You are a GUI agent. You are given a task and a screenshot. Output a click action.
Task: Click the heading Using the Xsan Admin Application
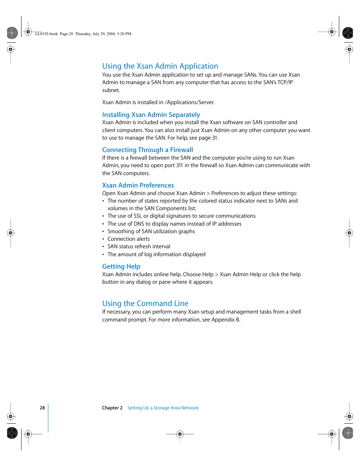160,66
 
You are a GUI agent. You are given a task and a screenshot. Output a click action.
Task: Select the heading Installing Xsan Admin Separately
151,115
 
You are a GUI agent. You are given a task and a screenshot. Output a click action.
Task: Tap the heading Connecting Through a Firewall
148,150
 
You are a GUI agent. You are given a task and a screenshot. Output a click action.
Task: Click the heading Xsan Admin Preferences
138,185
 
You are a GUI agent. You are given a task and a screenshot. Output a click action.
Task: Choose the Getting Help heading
121,266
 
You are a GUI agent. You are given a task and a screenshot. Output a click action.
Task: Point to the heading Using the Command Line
145,303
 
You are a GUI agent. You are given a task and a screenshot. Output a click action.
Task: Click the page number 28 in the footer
42,408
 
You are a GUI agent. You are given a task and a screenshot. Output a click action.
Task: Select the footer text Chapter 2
112,408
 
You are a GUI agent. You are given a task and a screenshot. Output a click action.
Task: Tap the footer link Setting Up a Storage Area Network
163,408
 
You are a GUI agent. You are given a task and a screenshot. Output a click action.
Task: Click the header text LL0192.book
46,34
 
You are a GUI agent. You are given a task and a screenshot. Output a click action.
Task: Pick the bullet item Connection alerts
128,239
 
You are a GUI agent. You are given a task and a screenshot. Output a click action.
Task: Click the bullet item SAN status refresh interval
139,246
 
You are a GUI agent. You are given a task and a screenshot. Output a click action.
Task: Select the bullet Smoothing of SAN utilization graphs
151,231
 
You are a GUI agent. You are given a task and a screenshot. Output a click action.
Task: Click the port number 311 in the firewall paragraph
179,165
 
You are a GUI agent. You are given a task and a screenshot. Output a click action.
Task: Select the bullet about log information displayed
156,254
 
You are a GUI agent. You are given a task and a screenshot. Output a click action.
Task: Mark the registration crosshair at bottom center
180,434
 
